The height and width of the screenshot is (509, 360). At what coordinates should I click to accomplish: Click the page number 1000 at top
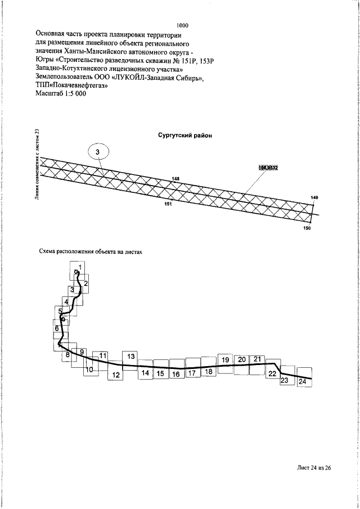pos(182,25)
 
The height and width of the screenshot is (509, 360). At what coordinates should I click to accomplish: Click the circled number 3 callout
pos(97,152)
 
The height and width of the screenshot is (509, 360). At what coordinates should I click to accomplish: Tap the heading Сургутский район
pos(184,135)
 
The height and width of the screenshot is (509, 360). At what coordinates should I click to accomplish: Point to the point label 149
pos(314,197)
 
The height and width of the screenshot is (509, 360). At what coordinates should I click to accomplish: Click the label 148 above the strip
pos(176,179)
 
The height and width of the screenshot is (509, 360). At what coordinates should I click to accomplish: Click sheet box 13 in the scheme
pos(130,357)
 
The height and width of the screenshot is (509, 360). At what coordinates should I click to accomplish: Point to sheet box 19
pos(224,359)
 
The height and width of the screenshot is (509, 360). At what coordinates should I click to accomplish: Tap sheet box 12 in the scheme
pos(116,375)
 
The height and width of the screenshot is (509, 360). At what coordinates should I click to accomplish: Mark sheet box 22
pos(272,373)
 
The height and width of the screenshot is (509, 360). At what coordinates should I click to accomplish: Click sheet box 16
pos(176,374)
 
